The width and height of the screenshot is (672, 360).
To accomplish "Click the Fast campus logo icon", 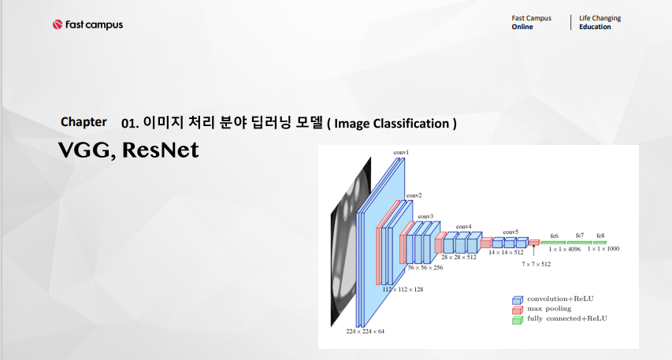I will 58,24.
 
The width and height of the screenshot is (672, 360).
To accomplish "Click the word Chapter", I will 84,122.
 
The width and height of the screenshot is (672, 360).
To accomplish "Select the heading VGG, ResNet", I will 128,150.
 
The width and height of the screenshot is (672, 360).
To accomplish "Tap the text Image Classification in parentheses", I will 392,124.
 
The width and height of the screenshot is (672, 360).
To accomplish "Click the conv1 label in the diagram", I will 401,151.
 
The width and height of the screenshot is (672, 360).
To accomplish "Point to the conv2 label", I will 414,195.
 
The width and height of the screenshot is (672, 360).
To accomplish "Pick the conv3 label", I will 425,216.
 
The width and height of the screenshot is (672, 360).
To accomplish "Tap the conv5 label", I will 510,232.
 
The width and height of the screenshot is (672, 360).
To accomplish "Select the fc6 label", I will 554,236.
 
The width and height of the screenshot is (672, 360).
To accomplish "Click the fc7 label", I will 579,236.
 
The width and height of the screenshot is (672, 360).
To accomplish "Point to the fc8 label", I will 600,236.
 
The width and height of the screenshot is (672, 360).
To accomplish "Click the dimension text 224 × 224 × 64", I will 365,332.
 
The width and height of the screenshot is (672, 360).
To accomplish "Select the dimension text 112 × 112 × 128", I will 403,290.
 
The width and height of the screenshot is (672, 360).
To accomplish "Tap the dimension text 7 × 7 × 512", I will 536,264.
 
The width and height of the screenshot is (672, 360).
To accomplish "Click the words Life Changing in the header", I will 600,18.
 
